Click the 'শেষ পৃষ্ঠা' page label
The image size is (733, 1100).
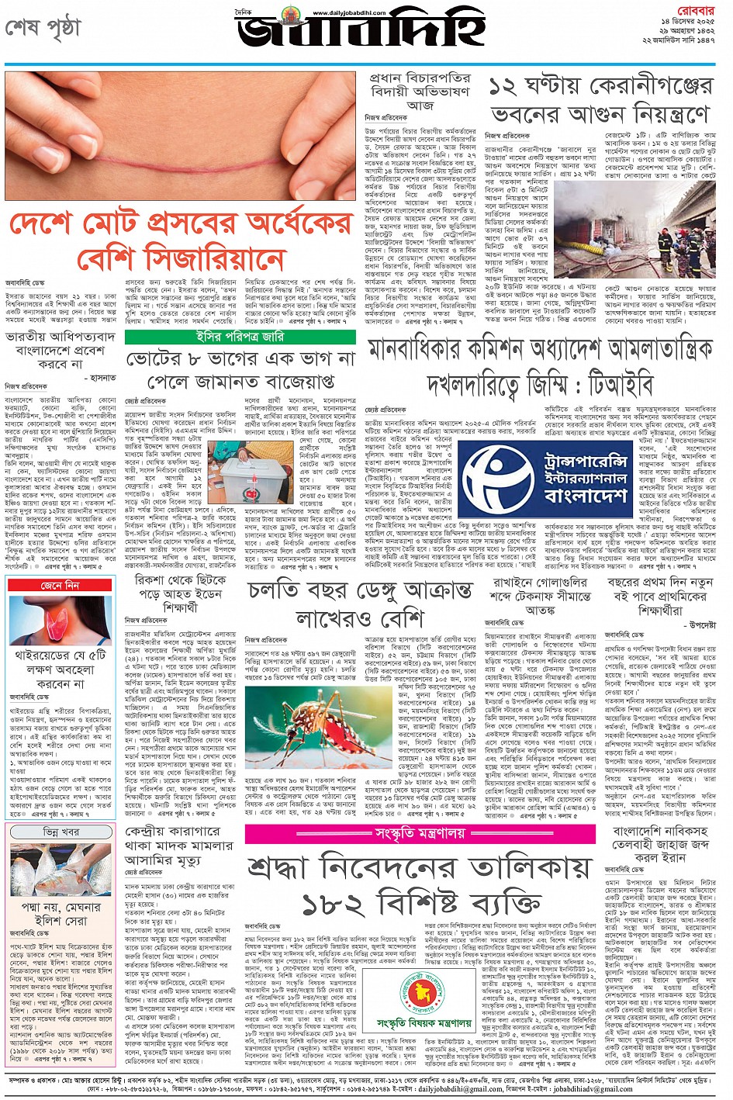click(43, 28)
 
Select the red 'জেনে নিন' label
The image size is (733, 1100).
click(61, 586)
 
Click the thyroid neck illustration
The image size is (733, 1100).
click(61, 621)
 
